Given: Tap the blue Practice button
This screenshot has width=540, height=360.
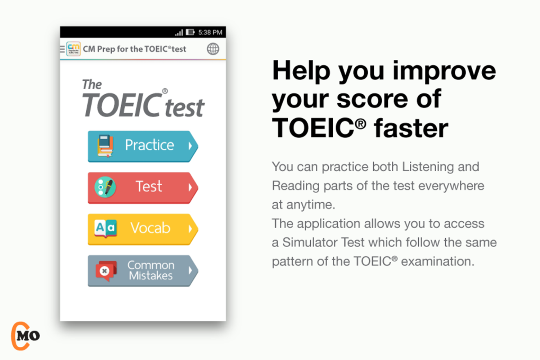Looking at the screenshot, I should coord(142,146).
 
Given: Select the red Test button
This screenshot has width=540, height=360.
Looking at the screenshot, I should coord(142,187).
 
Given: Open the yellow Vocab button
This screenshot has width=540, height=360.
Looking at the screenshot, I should coord(142,229).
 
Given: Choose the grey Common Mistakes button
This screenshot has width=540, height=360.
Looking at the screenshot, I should coord(142,271).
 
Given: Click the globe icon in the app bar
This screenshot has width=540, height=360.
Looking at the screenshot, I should coord(213,49).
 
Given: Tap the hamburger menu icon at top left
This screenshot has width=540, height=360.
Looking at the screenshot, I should coord(62,49).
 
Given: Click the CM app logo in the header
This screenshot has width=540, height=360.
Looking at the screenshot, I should coord(74,49).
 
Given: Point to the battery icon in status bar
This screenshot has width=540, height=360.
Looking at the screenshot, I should coord(190,33).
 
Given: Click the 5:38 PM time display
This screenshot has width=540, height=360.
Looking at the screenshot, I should coord(210,33).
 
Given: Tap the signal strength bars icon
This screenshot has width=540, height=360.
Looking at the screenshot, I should coord(179,33).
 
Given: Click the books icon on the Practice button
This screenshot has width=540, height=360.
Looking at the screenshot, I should coord(105,146).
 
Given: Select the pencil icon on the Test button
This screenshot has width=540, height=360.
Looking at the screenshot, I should coord(105,187).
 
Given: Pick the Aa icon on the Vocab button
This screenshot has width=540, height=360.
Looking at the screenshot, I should coord(105,228).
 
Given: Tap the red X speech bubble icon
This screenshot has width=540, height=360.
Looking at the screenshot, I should coord(105,271).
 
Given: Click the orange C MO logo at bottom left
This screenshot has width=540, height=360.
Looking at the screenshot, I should coord(24,335).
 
